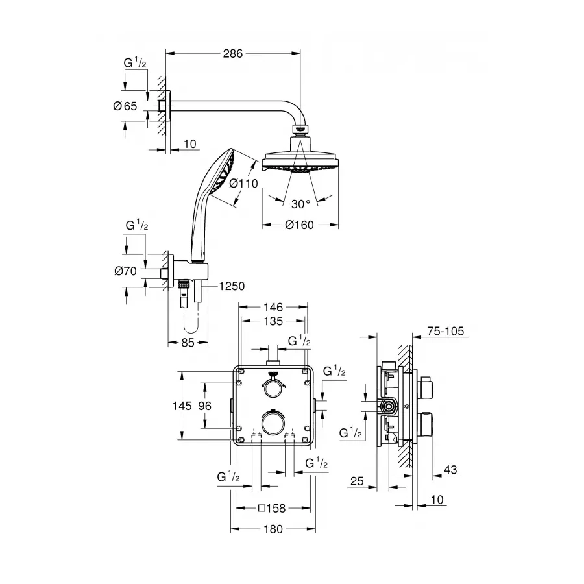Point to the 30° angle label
click(x=300, y=204)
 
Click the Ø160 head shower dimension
click(x=300, y=225)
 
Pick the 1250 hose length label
click(x=232, y=286)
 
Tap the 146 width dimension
click(x=273, y=307)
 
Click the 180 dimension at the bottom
click(x=273, y=529)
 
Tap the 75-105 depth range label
click(x=446, y=332)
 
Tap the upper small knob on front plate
click(x=273, y=387)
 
